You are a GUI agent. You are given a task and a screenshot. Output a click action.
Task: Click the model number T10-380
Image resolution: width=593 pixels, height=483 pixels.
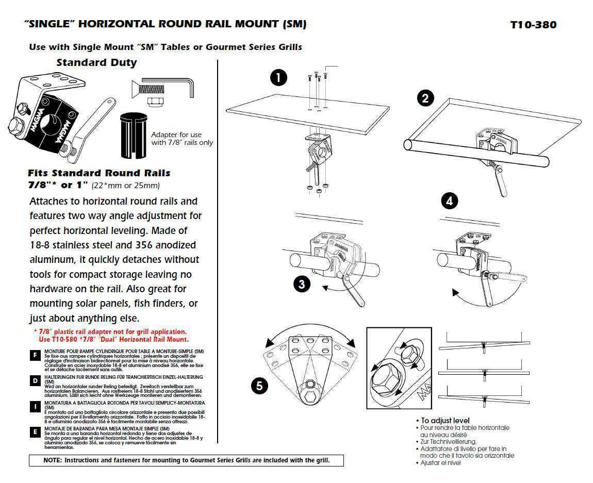point(533,25)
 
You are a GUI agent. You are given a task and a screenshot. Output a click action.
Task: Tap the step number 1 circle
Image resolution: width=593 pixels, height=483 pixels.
point(278,78)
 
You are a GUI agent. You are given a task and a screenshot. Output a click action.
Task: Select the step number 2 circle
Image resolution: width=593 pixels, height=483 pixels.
point(425,98)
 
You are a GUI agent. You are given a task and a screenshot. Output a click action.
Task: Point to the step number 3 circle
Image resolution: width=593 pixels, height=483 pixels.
point(302,284)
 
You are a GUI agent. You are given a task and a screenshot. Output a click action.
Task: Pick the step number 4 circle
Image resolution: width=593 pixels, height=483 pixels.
point(450,201)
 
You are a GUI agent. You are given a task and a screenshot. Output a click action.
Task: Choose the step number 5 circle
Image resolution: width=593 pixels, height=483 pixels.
point(259,386)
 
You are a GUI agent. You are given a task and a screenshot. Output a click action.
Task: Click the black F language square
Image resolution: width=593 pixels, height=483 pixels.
point(35,356)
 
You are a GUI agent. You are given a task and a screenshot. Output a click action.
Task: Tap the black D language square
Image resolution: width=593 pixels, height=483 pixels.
point(35,381)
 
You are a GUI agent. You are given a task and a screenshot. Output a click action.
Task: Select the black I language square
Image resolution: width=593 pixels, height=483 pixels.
point(35,407)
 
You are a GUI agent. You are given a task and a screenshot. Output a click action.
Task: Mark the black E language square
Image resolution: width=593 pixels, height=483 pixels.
point(35,432)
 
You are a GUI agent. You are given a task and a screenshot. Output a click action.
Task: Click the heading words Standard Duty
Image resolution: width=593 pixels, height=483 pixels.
point(96,63)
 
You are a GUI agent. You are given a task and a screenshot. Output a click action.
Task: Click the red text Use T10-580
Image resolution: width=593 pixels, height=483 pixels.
point(58,339)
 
